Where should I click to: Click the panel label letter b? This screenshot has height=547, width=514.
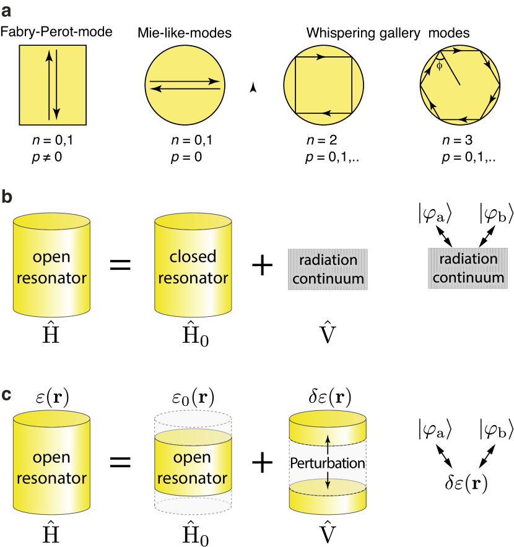[6, 197]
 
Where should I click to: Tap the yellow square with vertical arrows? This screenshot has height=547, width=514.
[53, 85]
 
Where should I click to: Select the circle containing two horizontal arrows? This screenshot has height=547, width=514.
[185, 85]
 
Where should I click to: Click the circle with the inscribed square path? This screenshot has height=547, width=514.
[323, 85]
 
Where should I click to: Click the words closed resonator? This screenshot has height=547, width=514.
[193, 267]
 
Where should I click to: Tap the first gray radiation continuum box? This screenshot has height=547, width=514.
[328, 269]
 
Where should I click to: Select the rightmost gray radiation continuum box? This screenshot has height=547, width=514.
[468, 269]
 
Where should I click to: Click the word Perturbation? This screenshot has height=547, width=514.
[328, 463]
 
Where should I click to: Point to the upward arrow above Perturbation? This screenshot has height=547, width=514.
[328, 444]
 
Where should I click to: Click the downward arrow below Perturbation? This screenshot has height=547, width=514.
[328, 483]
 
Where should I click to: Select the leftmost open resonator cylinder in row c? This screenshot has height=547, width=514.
[51, 468]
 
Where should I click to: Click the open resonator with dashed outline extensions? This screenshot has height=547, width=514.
[193, 469]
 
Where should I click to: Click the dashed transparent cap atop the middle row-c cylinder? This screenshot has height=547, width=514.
[193, 420]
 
